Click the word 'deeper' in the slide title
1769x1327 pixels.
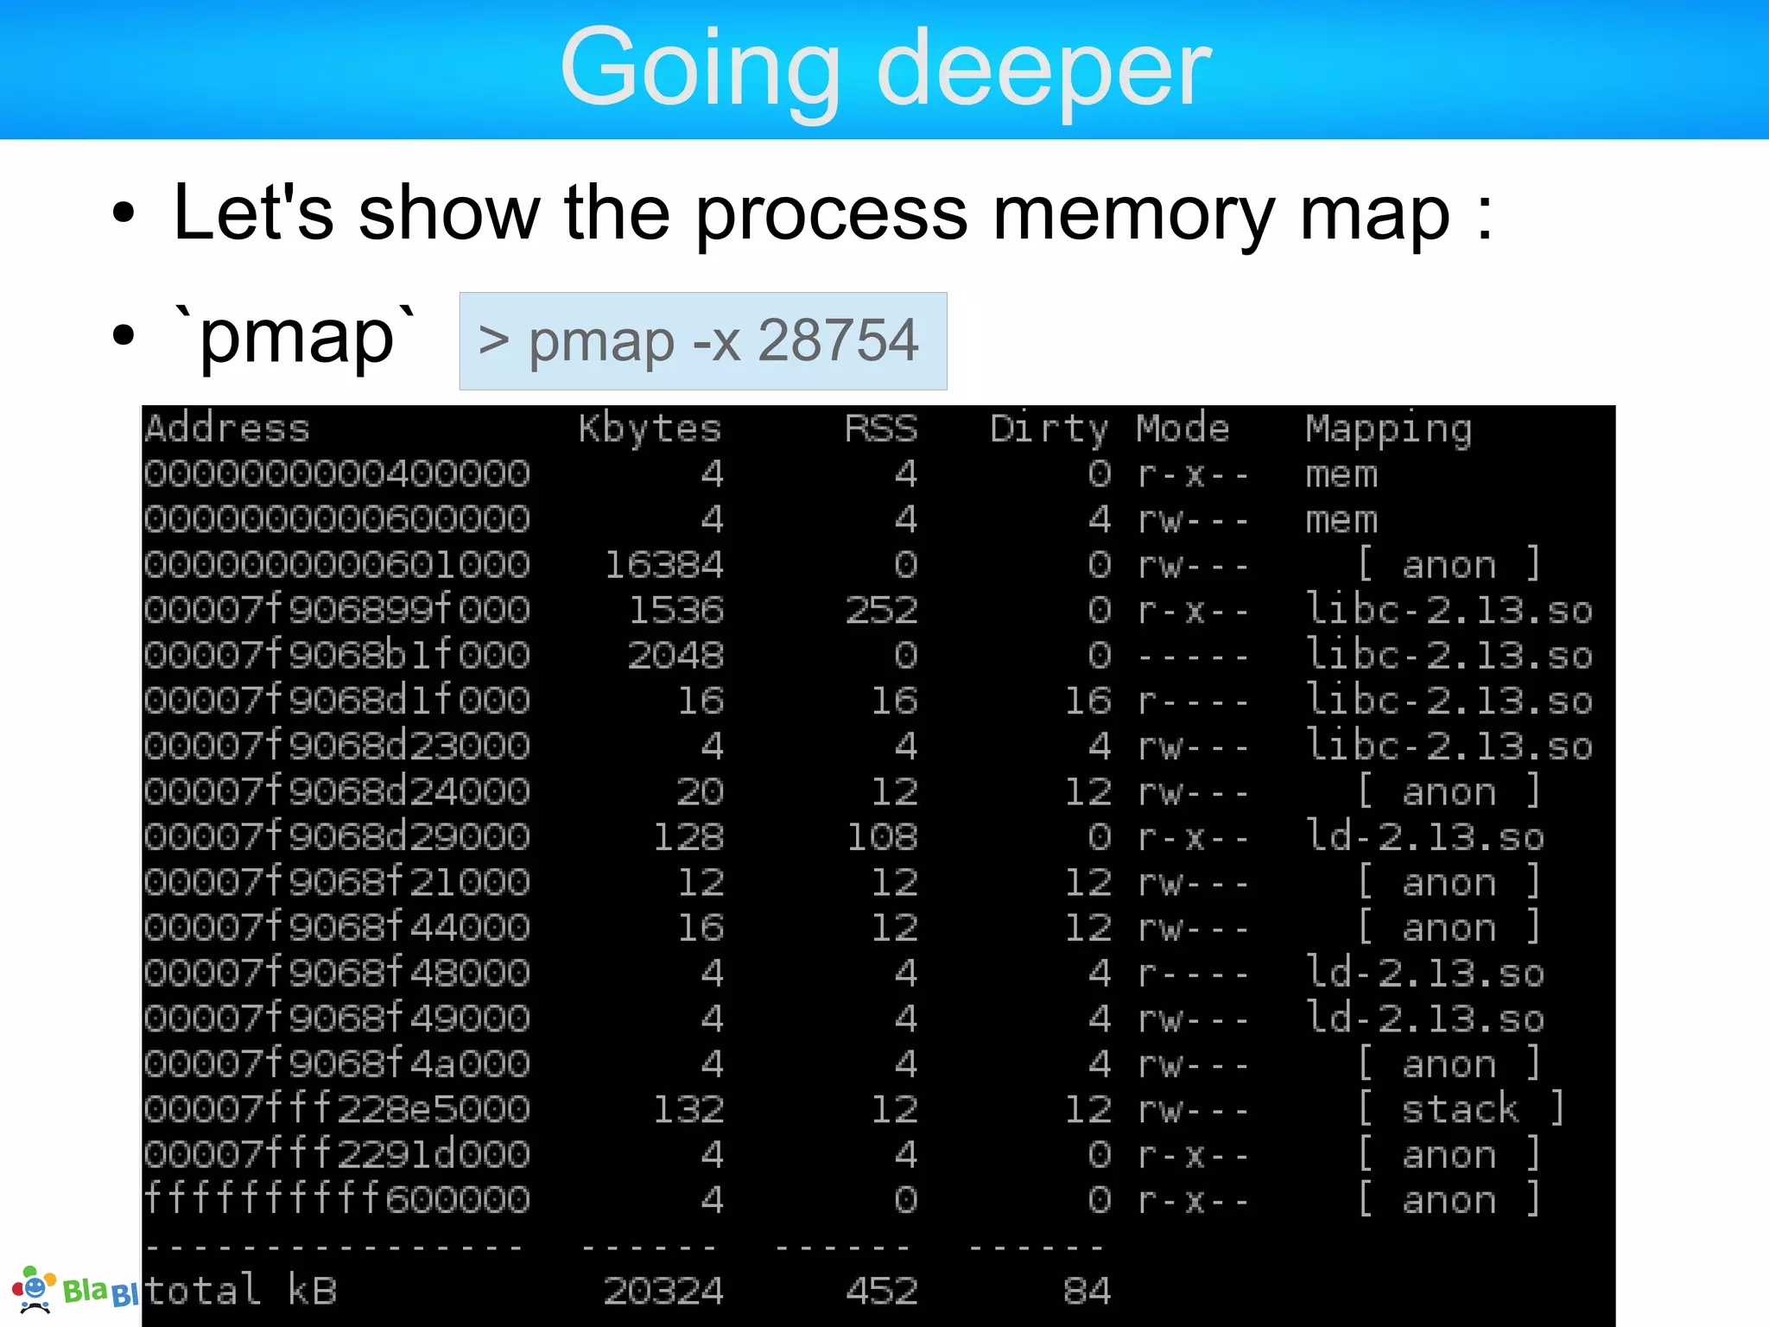1043,69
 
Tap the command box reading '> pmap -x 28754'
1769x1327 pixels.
702,341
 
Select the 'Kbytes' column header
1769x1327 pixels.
650,429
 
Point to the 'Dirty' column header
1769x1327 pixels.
1049,429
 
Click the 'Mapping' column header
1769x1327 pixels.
1388,429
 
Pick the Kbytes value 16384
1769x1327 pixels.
663,565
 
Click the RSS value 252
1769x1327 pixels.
881,611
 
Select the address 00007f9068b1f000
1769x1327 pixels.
337,656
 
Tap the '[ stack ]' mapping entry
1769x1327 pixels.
1460,1109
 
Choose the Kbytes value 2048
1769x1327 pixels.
675,656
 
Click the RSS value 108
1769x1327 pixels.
881,837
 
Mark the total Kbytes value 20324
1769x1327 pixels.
663,1291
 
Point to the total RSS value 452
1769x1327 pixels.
881,1291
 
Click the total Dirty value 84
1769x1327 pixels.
1087,1291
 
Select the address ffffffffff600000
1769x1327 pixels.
337,1200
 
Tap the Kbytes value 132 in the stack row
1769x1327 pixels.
688,1109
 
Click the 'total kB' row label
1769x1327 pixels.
240,1291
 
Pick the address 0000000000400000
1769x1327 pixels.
337,474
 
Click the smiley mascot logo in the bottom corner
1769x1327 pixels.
33,1290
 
